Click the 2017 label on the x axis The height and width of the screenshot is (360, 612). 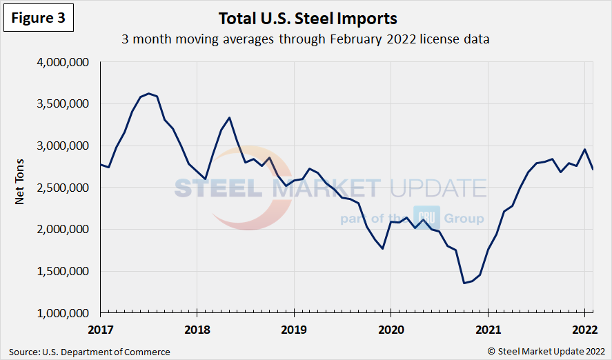pyautogui.click(x=100, y=328)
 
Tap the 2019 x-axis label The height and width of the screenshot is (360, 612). pyautogui.click(x=294, y=328)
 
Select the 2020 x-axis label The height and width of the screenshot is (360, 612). pyautogui.click(x=391, y=328)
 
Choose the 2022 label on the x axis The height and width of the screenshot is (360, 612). pyautogui.click(x=584, y=328)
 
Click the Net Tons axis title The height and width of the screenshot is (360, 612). pyautogui.click(x=20, y=187)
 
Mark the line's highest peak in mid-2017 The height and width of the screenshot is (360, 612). pyautogui.click(x=149, y=93)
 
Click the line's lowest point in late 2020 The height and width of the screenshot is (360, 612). pyautogui.click(x=464, y=283)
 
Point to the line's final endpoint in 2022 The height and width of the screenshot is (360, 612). pyautogui.click(x=593, y=169)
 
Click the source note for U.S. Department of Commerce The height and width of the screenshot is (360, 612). pyautogui.click(x=90, y=352)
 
